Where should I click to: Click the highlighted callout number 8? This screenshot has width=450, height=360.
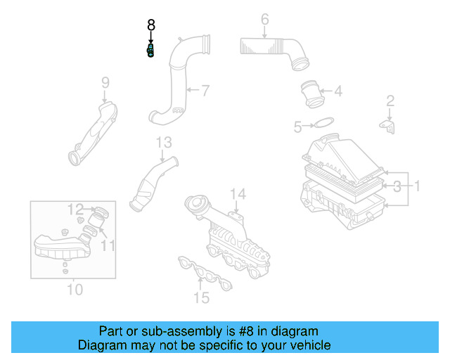pyautogui.click(x=150, y=25)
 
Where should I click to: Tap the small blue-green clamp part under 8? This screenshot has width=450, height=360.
pyautogui.click(x=150, y=51)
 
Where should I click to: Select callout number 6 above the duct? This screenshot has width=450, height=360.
pyautogui.click(x=264, y=20)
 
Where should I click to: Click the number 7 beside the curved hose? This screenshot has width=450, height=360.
pyautogui.click(x=205, y=91)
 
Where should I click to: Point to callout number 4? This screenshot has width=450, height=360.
pyautogui.click(x=337, y=91)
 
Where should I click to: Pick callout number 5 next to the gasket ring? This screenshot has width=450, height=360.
pyautogui.click(x=297, y=127)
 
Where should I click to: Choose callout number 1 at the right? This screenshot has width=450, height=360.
pyautogui.click(x=416, y=186)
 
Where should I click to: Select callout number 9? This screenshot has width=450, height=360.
pyautogui.click(x=105, y=83)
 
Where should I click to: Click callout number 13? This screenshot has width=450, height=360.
pyautogui.click(x=163, y=143)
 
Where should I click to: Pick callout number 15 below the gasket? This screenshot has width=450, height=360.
pyautogui.click(x=202, y=298)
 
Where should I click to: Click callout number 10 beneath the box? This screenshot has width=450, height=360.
pyautogui.click(x=75, y=289)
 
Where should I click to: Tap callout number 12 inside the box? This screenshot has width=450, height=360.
pyautogui.click(x=75, y=209)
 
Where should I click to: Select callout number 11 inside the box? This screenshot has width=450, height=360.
pyautogui.click(x=107, y=245)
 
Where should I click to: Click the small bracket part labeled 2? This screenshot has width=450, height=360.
pyautogui.click(x=388, y=126)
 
